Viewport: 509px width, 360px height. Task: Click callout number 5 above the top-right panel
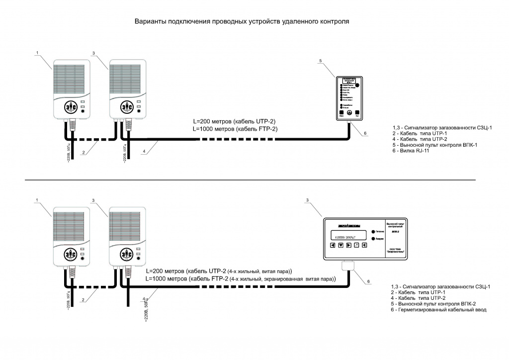pos(321,61)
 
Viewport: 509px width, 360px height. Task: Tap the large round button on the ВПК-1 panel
pos(357,86)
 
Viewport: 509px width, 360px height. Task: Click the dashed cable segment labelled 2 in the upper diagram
pos(94,139)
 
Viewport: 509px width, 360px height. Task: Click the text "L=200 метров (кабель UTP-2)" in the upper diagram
pos(234,121)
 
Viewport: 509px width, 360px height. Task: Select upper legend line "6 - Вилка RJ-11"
pos(411,151)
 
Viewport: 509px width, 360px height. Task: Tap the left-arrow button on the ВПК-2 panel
pos(333,246)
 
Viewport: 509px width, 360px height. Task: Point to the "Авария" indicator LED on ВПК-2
pos(373,239)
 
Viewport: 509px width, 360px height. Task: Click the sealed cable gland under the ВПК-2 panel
pos(348,267)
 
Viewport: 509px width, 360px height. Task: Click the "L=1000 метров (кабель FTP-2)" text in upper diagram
pos(235,129)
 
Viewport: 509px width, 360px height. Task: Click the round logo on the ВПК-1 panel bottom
pos(349,113)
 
